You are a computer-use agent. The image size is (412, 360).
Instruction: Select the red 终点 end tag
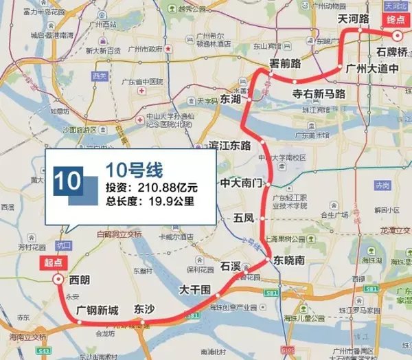[x=393, y=19]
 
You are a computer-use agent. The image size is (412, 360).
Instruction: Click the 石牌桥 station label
[x=391, y=52]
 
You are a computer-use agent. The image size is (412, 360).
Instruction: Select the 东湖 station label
[x=231, y=100]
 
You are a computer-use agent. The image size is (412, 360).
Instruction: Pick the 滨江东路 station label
[x=229, y=146]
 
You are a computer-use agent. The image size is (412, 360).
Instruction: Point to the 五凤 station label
[x=244, y=218]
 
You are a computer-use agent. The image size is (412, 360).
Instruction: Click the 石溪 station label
[x=231, y=265]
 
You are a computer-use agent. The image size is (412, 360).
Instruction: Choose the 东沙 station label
[x=146, y=309]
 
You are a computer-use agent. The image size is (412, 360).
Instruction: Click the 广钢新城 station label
[x=98, y=311]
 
